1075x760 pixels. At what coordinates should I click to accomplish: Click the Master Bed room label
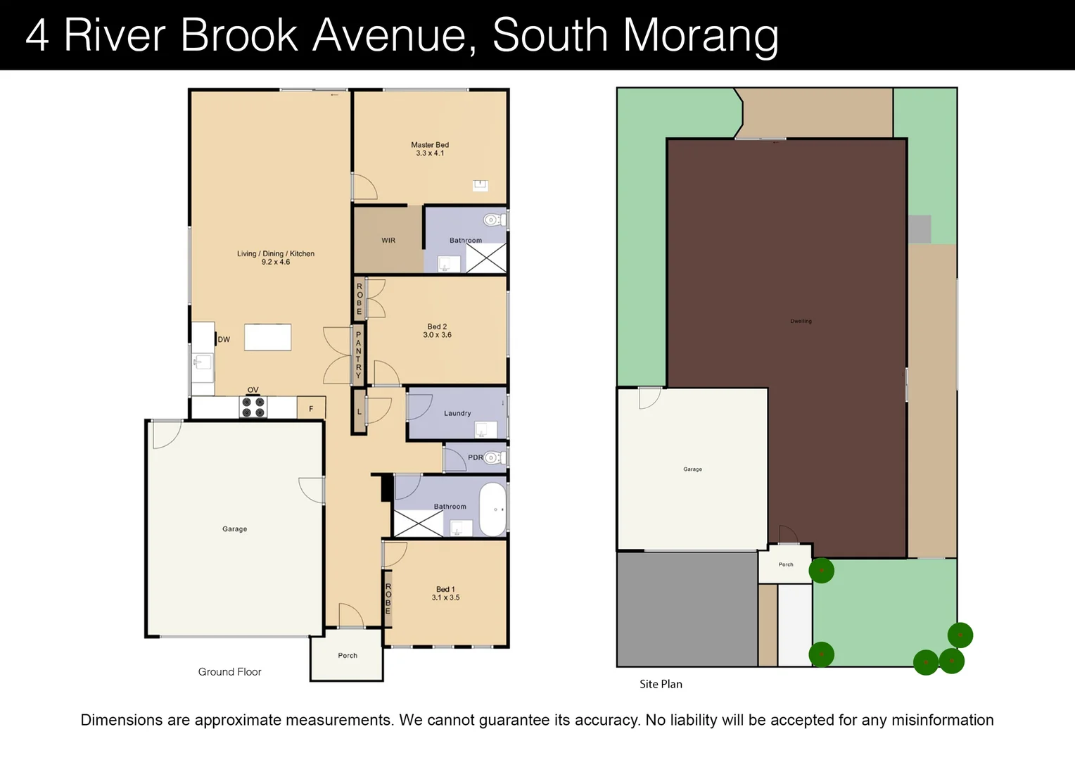430,145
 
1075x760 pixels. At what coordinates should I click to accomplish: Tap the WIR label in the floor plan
388,241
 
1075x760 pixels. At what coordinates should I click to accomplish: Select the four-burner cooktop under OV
253,407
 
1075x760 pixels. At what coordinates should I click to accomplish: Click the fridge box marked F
311,408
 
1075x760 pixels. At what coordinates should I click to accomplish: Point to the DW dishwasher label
224,339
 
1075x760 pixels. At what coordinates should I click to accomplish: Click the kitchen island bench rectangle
267,337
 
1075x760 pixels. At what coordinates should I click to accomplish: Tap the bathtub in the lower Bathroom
492,509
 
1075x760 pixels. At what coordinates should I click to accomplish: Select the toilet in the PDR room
494,458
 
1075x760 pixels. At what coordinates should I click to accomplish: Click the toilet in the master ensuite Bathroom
494,220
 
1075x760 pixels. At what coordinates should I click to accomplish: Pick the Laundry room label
457,414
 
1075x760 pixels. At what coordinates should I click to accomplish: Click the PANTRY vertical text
358,355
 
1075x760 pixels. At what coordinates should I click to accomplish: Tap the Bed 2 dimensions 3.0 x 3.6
437,335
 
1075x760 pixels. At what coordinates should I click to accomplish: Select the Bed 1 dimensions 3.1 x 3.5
445,597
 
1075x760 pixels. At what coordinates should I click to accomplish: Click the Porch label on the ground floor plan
348,656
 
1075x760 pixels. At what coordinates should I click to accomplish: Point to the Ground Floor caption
229,672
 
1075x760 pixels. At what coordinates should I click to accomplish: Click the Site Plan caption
661,684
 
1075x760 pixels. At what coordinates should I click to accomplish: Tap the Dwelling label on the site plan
801,321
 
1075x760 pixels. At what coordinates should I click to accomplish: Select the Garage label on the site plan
692,469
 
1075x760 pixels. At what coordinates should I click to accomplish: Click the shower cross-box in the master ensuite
486,258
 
